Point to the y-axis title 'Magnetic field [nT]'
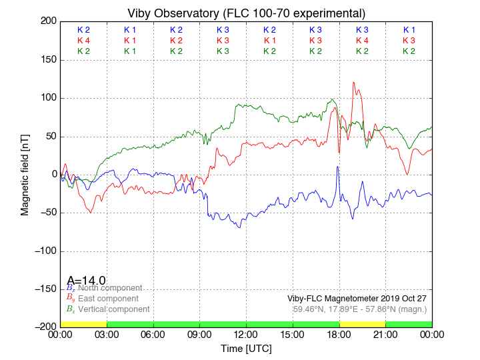(25, 174)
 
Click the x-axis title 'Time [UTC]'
(246, 348)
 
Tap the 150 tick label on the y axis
(47, 60)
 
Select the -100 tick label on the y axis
(43, 251)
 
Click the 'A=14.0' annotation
(86, 281)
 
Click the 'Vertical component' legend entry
(113, 309)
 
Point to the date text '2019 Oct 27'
(403, 299)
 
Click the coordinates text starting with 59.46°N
(360, 309)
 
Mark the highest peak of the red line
(354, 83)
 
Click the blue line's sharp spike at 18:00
(338, 167)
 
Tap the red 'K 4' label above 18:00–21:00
(362, 41)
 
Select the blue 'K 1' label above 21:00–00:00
(409, 30)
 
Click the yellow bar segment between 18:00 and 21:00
(362, 324)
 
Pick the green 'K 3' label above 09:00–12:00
(223, 51)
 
